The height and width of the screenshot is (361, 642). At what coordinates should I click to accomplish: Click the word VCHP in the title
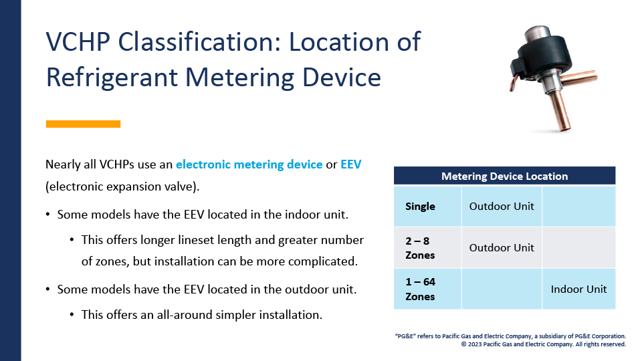coord(78,41)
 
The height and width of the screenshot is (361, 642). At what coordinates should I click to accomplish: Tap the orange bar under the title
coord(83,124)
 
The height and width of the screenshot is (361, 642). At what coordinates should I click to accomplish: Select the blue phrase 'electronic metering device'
coord(249,164)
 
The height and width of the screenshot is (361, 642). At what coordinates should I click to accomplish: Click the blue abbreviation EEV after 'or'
coord(351,164)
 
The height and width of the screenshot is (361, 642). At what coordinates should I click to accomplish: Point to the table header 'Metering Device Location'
coord(504,176)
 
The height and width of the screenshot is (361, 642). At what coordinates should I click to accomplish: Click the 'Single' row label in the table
coord(420,207)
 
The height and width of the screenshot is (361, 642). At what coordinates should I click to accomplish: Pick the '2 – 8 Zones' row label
coord(420,247)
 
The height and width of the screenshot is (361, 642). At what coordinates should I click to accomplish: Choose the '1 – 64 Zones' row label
coord(421,289)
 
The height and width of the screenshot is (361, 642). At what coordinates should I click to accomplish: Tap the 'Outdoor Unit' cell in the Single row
coord(502,207)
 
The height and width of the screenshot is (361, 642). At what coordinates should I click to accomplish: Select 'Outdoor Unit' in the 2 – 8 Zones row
coord(502,247)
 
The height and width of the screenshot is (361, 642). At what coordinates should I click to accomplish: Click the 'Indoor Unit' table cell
coord(578,289)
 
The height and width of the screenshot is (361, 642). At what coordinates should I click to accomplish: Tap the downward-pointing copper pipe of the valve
coord(560,111)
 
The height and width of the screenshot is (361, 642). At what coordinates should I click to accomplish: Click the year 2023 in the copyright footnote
coord(475,344)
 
